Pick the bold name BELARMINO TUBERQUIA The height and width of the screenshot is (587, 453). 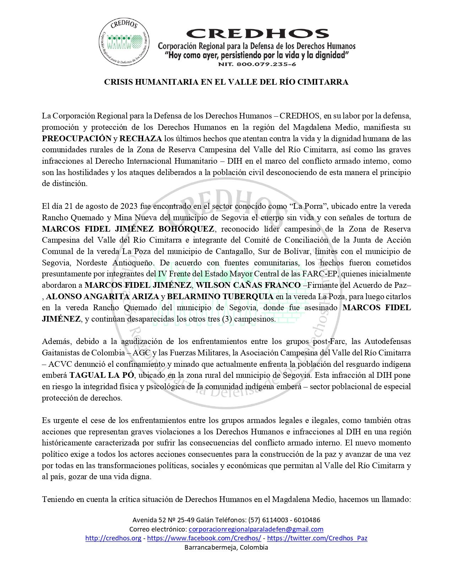[x=220, y=297]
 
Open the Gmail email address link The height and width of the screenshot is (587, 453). [x=256, y=529]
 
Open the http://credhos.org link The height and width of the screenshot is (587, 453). [x=113, y=538]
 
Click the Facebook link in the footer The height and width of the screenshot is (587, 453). [x=204, y=538]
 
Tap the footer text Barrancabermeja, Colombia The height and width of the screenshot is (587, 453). [x=226, y=547]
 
